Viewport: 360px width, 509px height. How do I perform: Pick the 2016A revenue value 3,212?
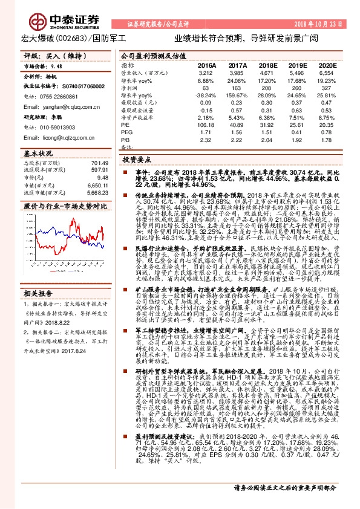pos(206,72)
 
